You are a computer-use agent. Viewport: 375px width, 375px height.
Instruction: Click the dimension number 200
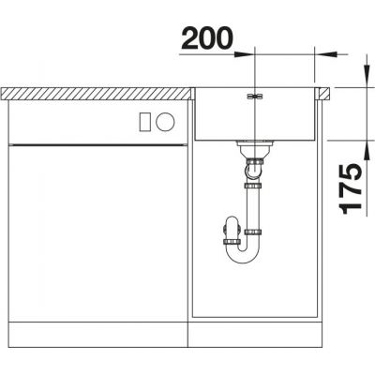207,38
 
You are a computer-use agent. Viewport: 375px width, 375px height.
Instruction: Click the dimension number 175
351,188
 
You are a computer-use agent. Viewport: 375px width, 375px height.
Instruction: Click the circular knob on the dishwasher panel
165,122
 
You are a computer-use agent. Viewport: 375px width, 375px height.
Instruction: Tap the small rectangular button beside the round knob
145,122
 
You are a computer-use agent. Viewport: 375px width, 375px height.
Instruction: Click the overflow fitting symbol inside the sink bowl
254,97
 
